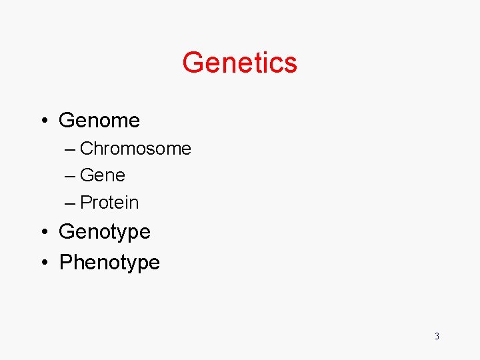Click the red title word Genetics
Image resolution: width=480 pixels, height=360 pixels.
(x=239, y=63)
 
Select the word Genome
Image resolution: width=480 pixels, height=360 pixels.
(x=99, y=121)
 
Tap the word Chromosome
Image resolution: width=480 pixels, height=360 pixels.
(x=135, y=149)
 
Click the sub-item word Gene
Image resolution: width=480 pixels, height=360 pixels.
(x=103, y=175)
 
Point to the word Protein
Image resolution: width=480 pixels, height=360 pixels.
(x=109, y=202)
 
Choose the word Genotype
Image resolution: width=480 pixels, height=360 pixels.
(x=105, y=232)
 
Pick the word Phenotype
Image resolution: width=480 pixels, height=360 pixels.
(x=109, y=263)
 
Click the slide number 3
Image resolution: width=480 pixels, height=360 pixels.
(x=437, y=336)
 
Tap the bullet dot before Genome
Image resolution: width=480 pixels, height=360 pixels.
(x=43, y=121)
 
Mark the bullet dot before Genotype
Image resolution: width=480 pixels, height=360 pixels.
(x=43, y=233)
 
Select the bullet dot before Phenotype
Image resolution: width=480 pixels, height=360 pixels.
(x=43, y=263)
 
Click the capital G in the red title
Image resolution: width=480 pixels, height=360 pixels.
(x=193, y=63)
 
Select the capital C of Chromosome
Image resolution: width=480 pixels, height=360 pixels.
(x=87, y=149)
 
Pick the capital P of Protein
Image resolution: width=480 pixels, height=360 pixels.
(x=86, y=202)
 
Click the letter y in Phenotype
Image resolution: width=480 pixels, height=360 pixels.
(x=132, y=265)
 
